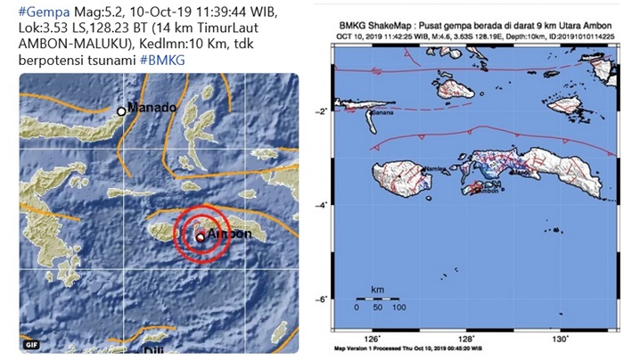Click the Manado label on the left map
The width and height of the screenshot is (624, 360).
(x=153, y=109)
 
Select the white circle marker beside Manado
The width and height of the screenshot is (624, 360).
(x=122, y=111)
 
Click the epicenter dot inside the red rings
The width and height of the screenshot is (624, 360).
(x=201, y=236)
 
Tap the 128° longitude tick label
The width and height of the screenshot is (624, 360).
(x=467, y=339)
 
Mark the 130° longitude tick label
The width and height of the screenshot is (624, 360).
(x=560, y=339)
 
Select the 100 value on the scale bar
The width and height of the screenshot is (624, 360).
(x=398, y=307)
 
